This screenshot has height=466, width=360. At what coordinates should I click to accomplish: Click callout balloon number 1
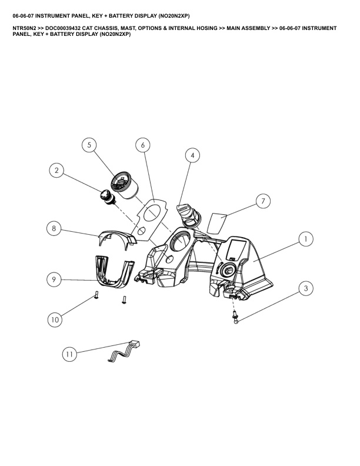306,239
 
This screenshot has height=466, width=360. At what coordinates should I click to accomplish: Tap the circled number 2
56,171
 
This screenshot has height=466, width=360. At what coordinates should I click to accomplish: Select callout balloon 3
306,288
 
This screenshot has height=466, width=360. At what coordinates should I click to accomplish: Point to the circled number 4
192,155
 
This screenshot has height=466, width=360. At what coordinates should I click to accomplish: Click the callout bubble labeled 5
89,145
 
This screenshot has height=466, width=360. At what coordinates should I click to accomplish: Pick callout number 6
143,145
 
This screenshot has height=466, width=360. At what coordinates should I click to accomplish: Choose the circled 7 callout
263,201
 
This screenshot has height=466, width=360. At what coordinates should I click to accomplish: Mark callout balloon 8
54,228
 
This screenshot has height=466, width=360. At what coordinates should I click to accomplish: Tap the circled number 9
54,279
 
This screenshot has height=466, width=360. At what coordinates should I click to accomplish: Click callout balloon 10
55,319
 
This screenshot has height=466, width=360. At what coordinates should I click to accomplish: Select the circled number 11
69,354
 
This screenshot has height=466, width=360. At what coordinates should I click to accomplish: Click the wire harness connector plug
135,345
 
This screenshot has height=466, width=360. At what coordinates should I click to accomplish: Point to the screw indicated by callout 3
235,317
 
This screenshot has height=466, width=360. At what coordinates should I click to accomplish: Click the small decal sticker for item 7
217,223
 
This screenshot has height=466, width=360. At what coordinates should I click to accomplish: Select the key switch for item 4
188,215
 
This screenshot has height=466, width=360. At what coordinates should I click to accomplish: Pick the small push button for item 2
108,197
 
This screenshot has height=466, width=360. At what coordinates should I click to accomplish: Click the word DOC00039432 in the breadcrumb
63,28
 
